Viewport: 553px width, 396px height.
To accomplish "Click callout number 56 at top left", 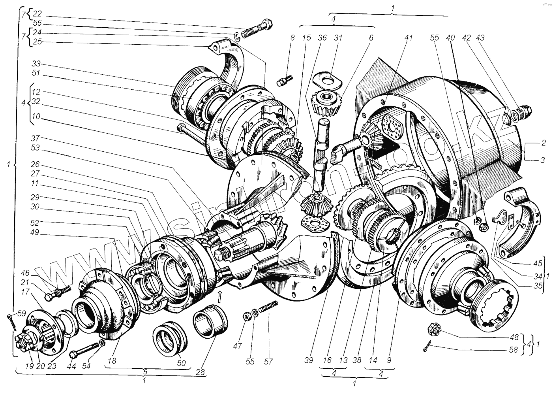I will pos(37,23).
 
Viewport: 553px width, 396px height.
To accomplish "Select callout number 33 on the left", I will pos(37,64).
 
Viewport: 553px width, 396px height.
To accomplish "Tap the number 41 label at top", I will pos(408,38).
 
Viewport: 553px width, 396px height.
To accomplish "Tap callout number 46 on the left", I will pos(25,273).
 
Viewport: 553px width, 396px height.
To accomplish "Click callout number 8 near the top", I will pos(292,38).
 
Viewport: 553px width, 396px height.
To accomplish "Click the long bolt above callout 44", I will pos(84,349).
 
